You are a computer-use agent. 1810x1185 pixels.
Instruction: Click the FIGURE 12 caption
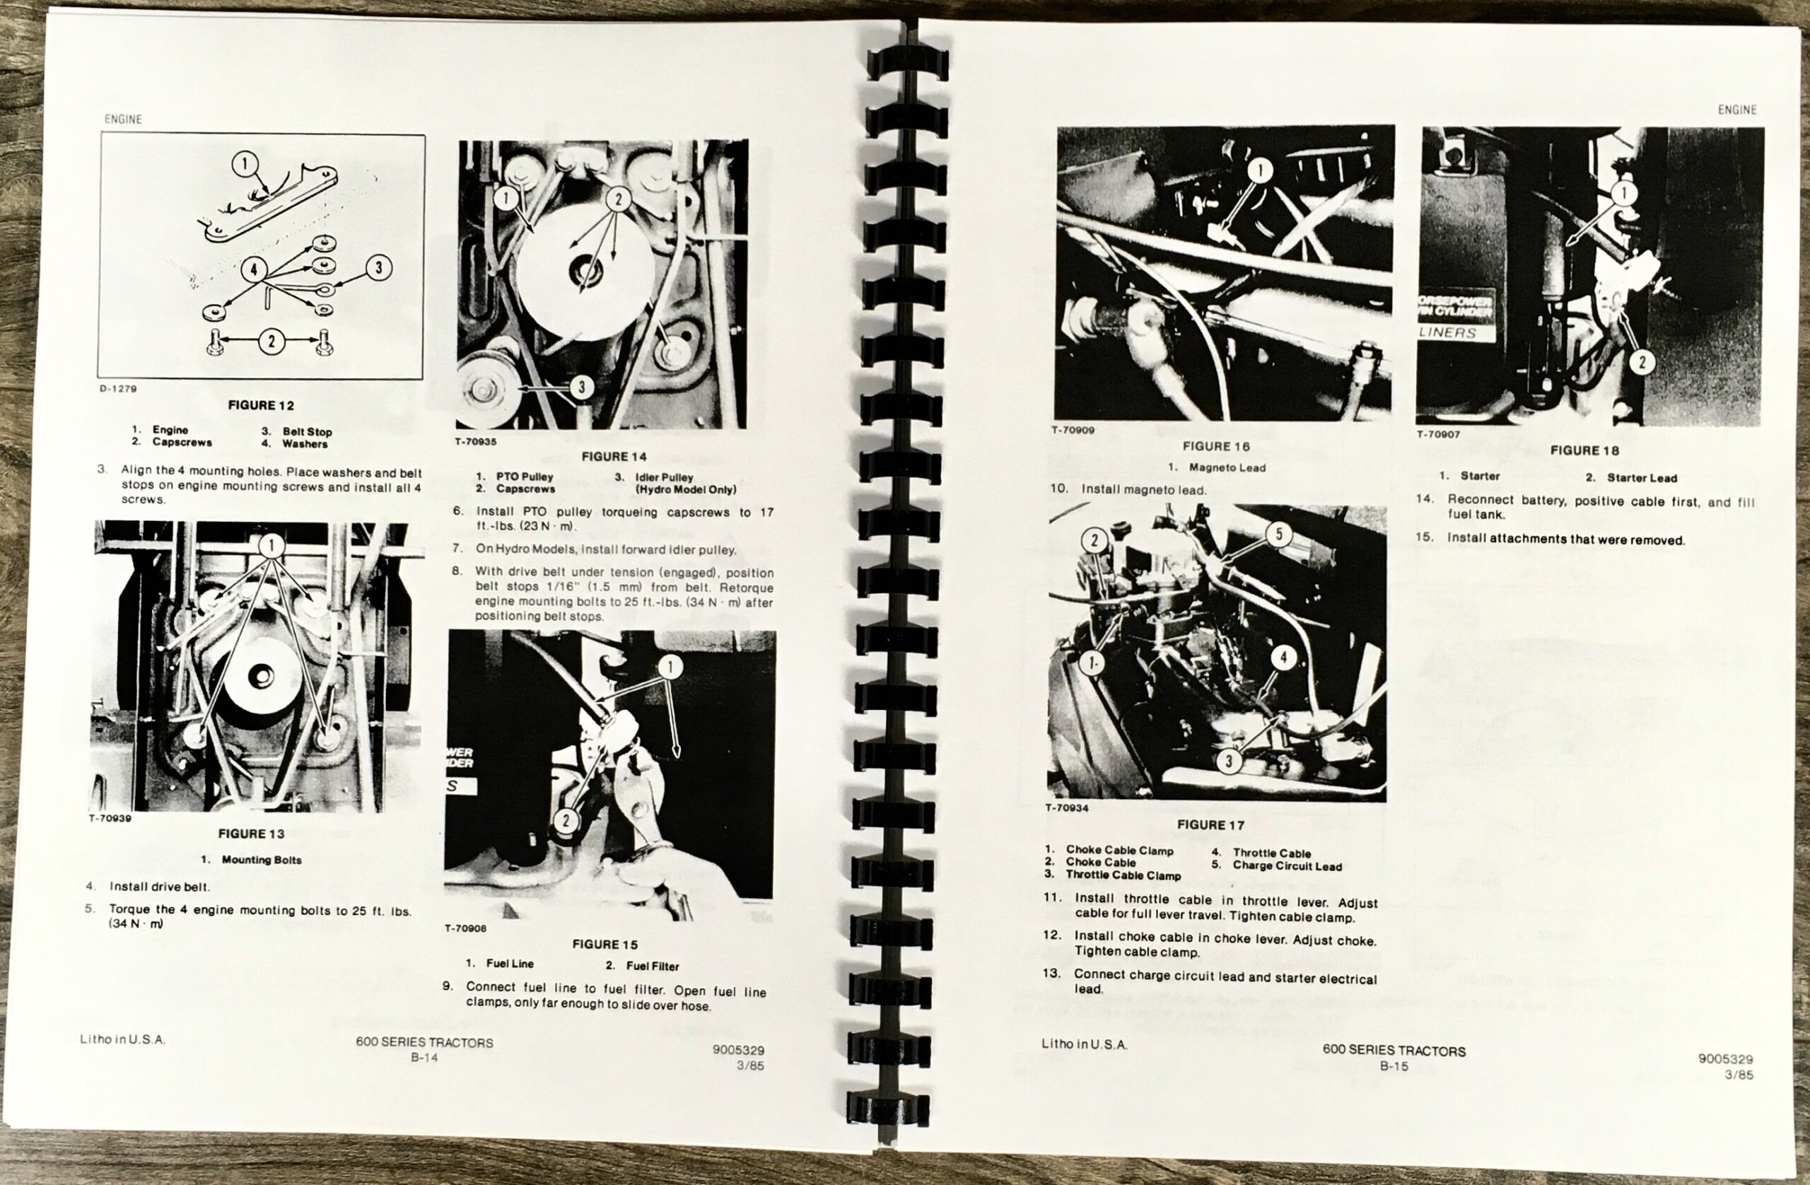pos(261,405)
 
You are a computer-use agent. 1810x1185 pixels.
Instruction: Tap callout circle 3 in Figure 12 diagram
pos(378,267)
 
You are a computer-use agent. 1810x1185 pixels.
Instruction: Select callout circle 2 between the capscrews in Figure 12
pos(271,341)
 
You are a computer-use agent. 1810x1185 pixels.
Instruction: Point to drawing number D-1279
pos(118,389)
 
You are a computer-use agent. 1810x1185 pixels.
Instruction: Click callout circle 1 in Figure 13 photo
pos(271,544)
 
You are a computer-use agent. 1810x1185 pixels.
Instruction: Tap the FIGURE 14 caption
pos(614,456)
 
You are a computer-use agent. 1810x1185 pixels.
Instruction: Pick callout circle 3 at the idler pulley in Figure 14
pos(581,387)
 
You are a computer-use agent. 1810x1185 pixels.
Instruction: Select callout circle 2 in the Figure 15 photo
pos(566,820)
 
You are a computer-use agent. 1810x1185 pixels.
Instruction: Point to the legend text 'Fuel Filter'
pos(653,966)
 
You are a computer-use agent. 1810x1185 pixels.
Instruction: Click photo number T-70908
pos(465,928)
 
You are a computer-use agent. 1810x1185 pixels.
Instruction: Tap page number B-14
pos(424,1056)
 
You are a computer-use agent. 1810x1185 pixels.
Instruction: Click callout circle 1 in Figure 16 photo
pos(1260,170)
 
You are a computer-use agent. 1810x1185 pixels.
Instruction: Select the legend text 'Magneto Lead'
pos(1227,468)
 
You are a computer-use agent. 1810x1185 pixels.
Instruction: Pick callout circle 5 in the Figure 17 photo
pos(1278,534)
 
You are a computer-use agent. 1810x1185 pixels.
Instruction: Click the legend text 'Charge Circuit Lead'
pos(1287,865)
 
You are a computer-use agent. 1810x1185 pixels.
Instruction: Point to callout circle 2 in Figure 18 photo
pos(1641,361)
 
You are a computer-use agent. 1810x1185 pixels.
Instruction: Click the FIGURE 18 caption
pos(1585,450)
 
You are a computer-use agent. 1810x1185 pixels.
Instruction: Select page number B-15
pos(1394,1066)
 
